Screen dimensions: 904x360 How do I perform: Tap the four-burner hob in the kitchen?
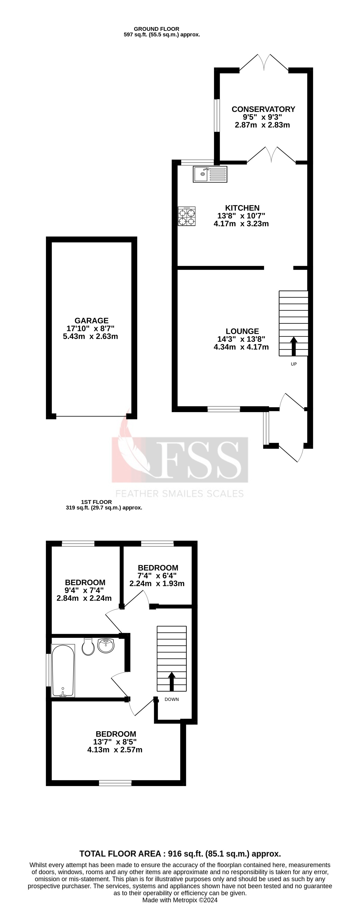click(x=187, y=216)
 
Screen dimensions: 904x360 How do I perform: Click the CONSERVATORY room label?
click(x=263, y=109)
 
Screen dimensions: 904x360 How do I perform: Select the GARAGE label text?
click(x=91, y=320)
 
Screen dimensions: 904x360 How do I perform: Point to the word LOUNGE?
click(x=242, y=331)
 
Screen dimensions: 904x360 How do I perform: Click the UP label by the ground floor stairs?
click(x=294, y=364)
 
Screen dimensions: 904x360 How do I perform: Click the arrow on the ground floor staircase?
click(x=294, y=346)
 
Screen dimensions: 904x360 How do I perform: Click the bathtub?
click(x=63, y=670)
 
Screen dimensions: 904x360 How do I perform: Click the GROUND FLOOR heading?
click(x=156, y=29)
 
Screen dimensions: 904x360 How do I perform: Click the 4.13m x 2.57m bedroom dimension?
click(x=115, y=750)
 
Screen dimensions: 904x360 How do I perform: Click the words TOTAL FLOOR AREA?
click(x=121, y=854)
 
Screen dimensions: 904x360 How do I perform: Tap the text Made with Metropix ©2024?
click(x=180, y=900)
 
